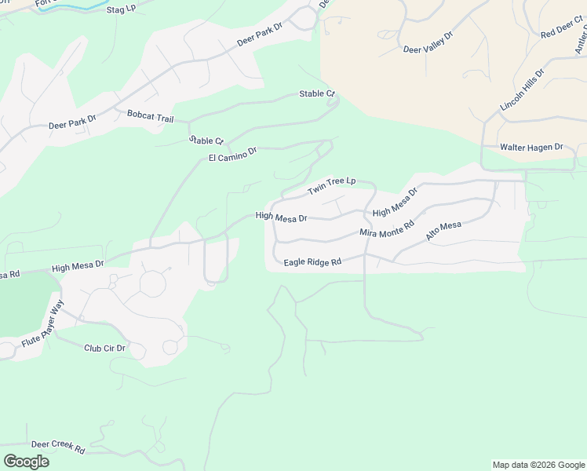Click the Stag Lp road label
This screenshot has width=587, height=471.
click(x=120, y=9)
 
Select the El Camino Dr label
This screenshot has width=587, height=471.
click(x=233, y=154)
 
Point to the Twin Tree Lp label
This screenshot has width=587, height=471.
click(x=331, y=186)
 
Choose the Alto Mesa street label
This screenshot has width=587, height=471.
click(x=443, y=231)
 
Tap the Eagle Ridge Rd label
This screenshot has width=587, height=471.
click(x=312, y=262)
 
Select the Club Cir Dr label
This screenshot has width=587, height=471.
click(x=105, y=348)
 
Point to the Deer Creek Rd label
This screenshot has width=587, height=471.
click(x=58, y=447)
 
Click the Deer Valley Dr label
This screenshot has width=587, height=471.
click(x=428, y=42)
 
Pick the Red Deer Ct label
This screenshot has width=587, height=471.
click(x=558, y=31)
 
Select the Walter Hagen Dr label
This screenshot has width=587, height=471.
click(x=532, y=147)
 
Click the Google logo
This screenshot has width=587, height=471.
click(x=26, y=462)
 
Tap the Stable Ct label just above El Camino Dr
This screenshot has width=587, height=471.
click(x=206, y=141)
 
